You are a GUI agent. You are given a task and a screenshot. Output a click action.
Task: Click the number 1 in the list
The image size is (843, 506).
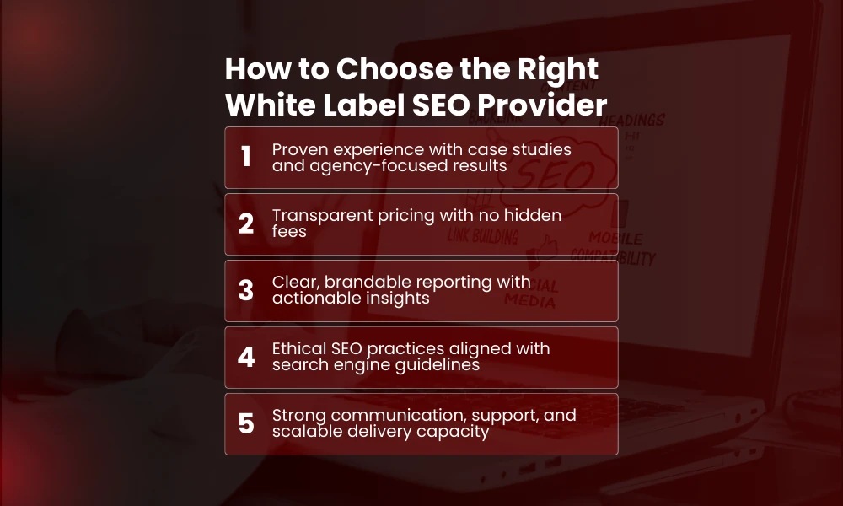[x=246, y=157]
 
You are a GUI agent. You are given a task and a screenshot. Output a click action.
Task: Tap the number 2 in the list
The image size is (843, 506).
[x=246, y=223]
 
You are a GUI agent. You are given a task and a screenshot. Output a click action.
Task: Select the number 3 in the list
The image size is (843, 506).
[x=246, y=290]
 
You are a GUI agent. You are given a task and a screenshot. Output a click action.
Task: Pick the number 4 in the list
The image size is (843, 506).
[x=246, y=357]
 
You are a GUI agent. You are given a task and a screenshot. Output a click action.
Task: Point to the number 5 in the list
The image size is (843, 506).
[x=246, y=423]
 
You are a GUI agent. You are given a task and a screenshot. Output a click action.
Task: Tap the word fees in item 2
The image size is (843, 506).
[x=289, y=231]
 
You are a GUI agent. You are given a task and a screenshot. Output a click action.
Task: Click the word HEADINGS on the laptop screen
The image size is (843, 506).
[x=632, y=121]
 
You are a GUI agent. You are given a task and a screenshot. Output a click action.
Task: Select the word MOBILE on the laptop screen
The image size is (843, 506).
[x=615, y=239]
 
